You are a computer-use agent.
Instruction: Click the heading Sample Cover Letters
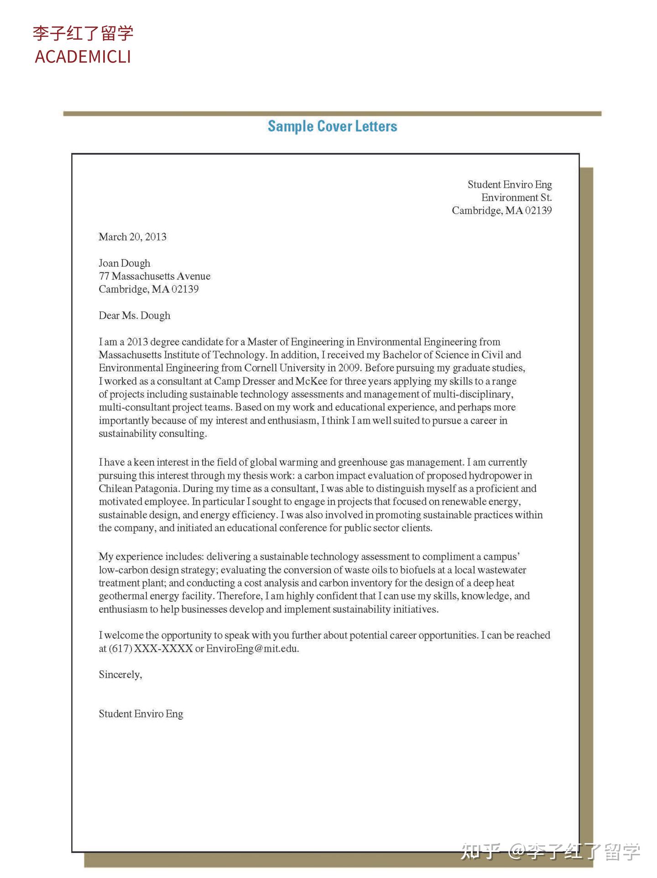332,126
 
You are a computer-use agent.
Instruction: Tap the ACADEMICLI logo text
83,57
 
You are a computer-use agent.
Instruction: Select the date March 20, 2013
132,237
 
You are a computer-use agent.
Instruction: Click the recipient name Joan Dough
124,263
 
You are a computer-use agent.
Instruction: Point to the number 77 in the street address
104,276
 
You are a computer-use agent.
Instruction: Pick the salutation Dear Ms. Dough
134,316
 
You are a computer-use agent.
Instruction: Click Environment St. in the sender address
516,197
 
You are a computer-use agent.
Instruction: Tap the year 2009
349,368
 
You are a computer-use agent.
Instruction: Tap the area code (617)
120,649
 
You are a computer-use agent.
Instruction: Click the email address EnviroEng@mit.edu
252,649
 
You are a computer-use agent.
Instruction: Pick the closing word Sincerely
120,675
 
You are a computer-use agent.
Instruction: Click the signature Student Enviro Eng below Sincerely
141,714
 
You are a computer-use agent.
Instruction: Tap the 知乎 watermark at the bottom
480,851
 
